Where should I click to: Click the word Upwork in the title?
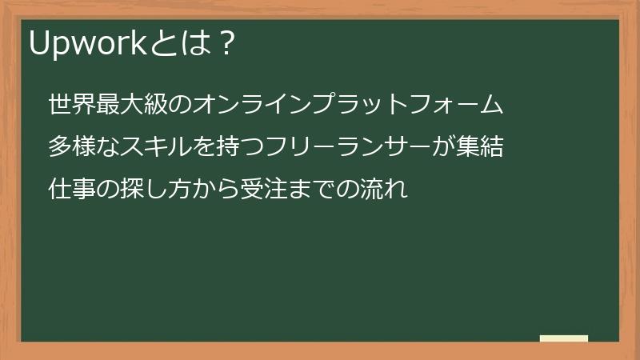coord(87,45)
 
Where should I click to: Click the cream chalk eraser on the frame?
coord(564,338)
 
